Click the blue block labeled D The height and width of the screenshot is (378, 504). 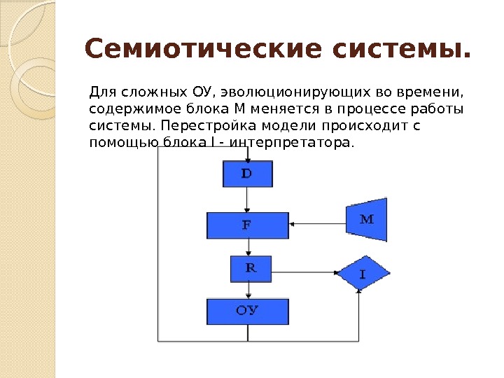[247, 174]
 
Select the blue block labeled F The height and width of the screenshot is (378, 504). [247, 225]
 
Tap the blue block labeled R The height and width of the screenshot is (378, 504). [251, 268]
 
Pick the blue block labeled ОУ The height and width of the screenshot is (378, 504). [247, 311]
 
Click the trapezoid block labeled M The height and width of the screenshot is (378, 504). [367, 219]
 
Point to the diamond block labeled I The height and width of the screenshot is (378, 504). [362, 274]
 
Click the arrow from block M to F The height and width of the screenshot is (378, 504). [317, 225]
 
